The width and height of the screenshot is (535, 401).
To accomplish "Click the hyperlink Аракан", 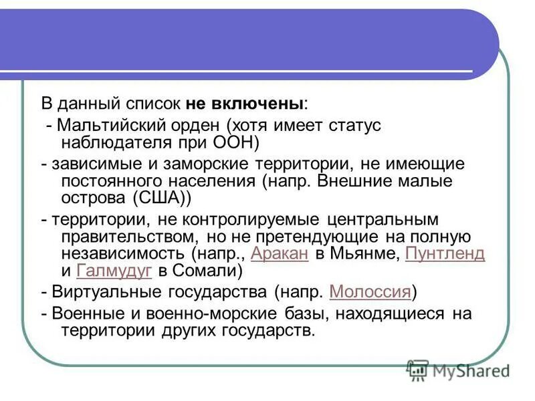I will (x=279, y=254).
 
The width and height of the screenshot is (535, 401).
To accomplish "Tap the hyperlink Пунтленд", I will (x=445, y=254).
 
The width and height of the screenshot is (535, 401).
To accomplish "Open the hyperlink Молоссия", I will (x=370, y=291).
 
